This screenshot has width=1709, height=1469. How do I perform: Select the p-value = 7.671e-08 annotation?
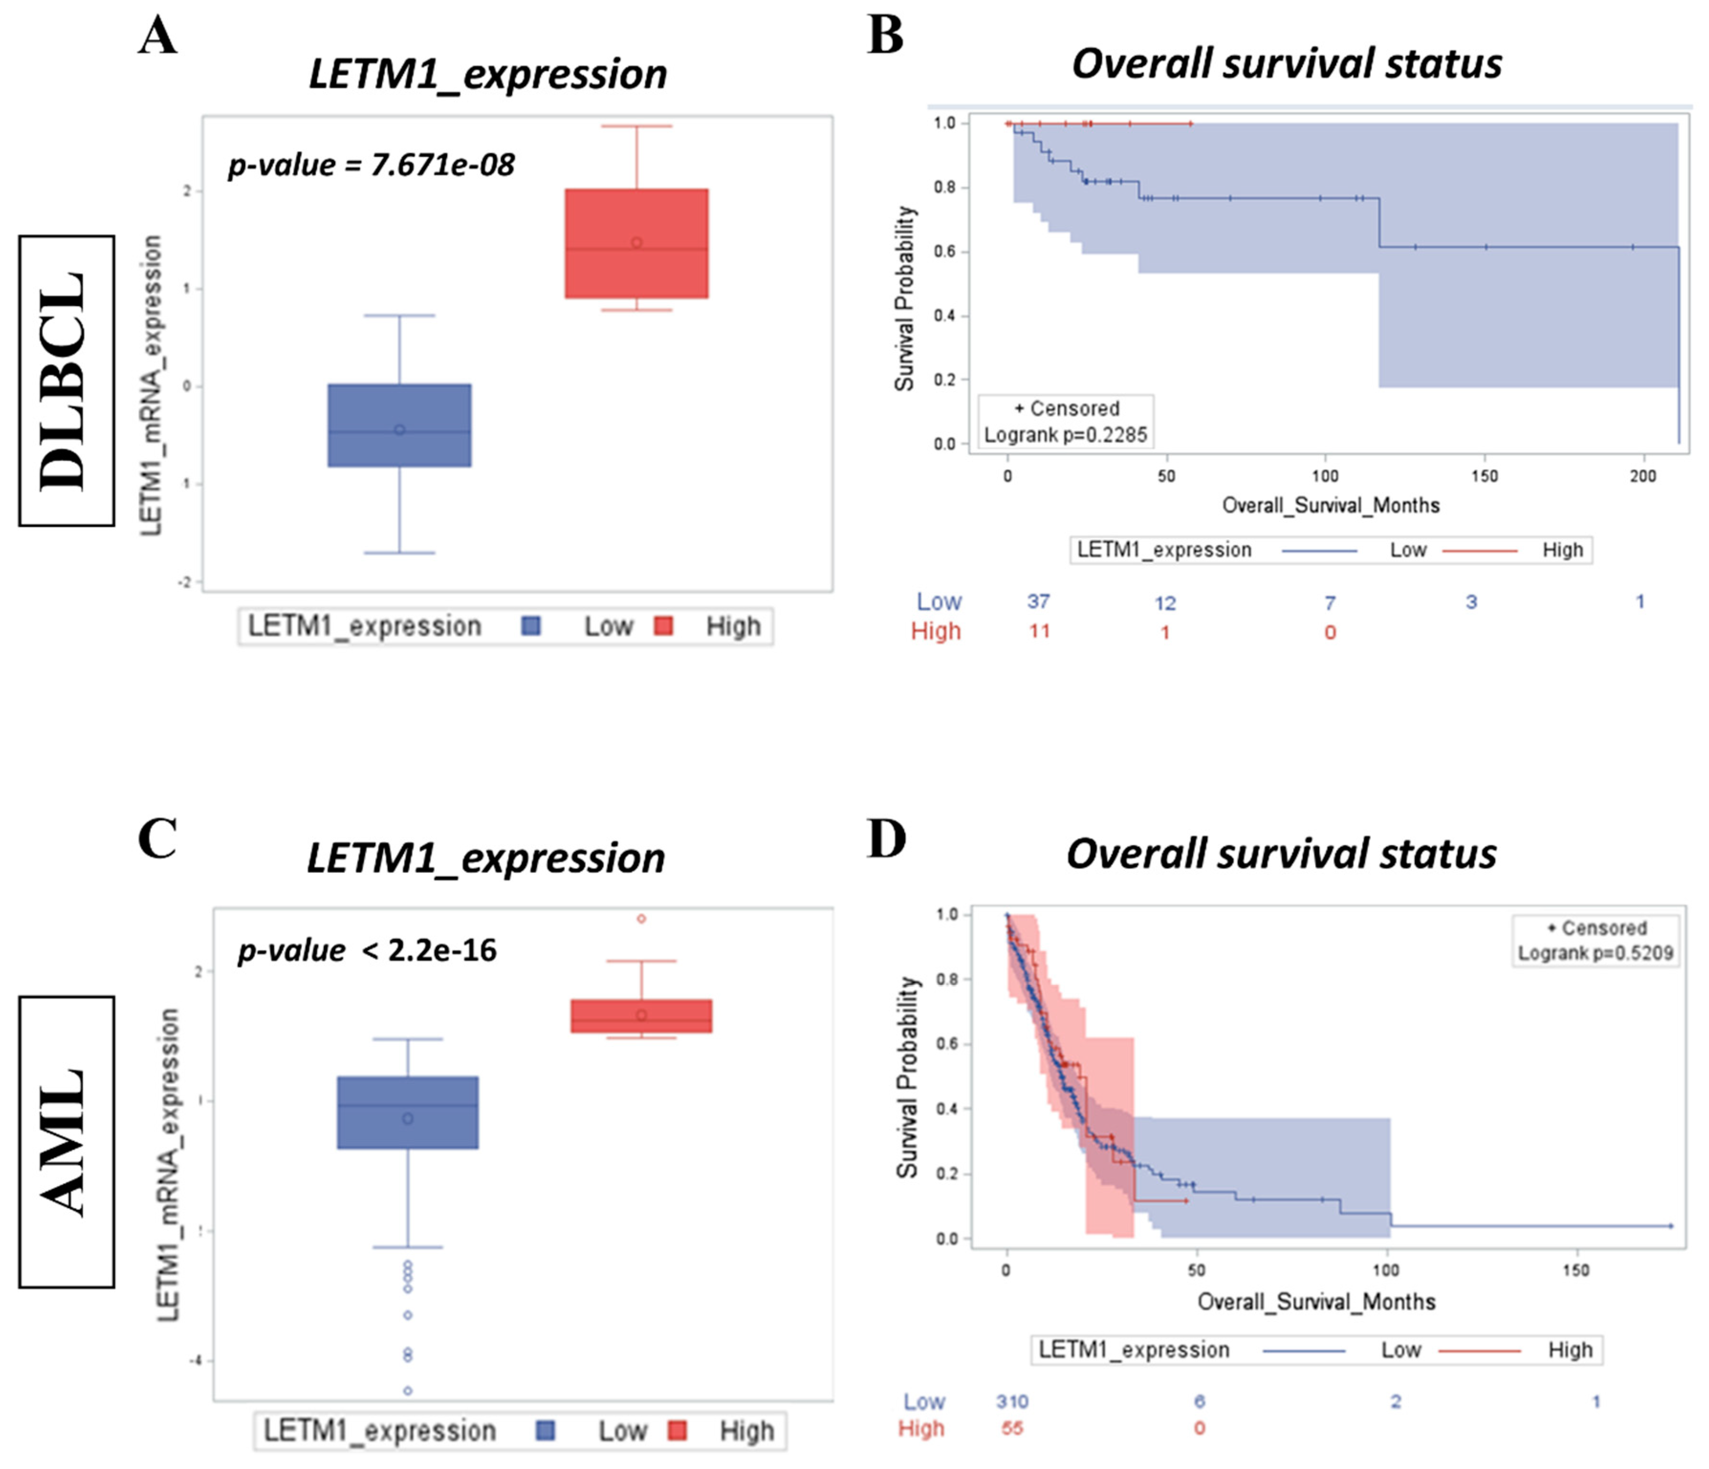coord(371,165)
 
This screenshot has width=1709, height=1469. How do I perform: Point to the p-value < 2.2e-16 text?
coord(367,950)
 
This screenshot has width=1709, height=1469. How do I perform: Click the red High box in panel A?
coord(636,243)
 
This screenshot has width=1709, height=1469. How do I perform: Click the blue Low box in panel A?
coord(399,425)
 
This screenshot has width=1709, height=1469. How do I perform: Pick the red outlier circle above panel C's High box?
coord(641,918)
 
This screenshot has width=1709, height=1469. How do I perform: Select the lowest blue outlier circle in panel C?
coord(407,1391)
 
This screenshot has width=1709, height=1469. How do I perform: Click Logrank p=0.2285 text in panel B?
coord(1066,435)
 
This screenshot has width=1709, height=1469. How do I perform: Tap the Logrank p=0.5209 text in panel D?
coord(1595,954)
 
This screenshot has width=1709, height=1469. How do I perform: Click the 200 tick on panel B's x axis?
coord(1642,476)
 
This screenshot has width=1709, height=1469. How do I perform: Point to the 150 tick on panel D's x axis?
coord(1575,1269)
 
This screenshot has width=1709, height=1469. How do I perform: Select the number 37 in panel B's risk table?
coord(1038,601)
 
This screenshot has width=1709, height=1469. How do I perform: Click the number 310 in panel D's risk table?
coord(1012,1402)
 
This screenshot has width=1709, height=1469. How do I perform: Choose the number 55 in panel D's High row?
coord(1012,1428)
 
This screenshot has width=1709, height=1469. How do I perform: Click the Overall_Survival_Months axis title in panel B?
coord(1330,505)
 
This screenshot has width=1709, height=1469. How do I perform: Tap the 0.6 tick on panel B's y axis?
coord(945,251)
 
